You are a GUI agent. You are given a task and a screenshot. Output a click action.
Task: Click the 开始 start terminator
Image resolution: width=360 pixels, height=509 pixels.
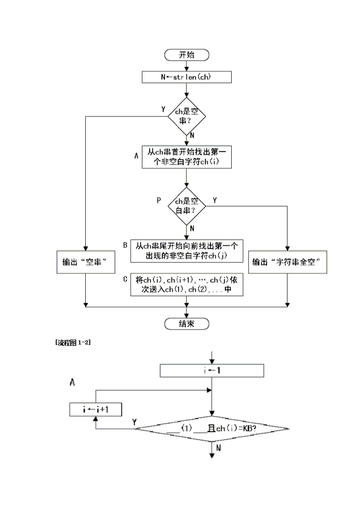coord(187,55)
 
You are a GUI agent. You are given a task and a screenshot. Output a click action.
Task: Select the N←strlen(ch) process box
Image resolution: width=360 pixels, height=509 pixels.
coord(187,77)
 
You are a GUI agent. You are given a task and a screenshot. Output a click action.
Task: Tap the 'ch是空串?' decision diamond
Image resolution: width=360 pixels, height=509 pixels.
coord(187,116)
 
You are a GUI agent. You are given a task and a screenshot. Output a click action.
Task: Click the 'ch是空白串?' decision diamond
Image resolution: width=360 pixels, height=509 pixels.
coord(187,206)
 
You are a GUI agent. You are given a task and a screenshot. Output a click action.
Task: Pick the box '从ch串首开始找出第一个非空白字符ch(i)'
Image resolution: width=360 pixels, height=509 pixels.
coord(187,157)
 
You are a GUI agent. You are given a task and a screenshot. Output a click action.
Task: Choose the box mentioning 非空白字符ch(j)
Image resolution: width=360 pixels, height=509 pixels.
coord(187,251)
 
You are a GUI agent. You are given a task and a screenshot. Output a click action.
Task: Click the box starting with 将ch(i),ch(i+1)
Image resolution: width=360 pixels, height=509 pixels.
coord(187,285)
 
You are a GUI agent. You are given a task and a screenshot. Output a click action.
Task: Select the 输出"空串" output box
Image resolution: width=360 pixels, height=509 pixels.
coord(85,262)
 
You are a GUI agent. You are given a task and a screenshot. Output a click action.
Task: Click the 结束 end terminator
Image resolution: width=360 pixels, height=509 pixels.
coord(187,324)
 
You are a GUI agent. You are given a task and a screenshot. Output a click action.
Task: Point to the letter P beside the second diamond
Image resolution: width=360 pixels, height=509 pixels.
coord(159,200)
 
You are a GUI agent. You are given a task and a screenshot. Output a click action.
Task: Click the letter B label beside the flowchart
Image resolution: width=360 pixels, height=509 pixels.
coord(125,245)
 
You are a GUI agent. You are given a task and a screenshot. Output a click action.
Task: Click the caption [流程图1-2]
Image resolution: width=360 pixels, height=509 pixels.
coord(73,343)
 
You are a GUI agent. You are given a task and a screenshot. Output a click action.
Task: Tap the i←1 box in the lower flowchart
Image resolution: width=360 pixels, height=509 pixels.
coord(212,371)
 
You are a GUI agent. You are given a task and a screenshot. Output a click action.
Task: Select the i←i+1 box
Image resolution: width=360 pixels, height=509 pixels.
coord(95,409)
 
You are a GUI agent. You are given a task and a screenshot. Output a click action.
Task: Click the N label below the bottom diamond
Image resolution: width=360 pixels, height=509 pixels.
coord(219,448)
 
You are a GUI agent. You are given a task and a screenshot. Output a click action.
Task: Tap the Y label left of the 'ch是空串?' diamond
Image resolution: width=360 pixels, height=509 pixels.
coord(163,109)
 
